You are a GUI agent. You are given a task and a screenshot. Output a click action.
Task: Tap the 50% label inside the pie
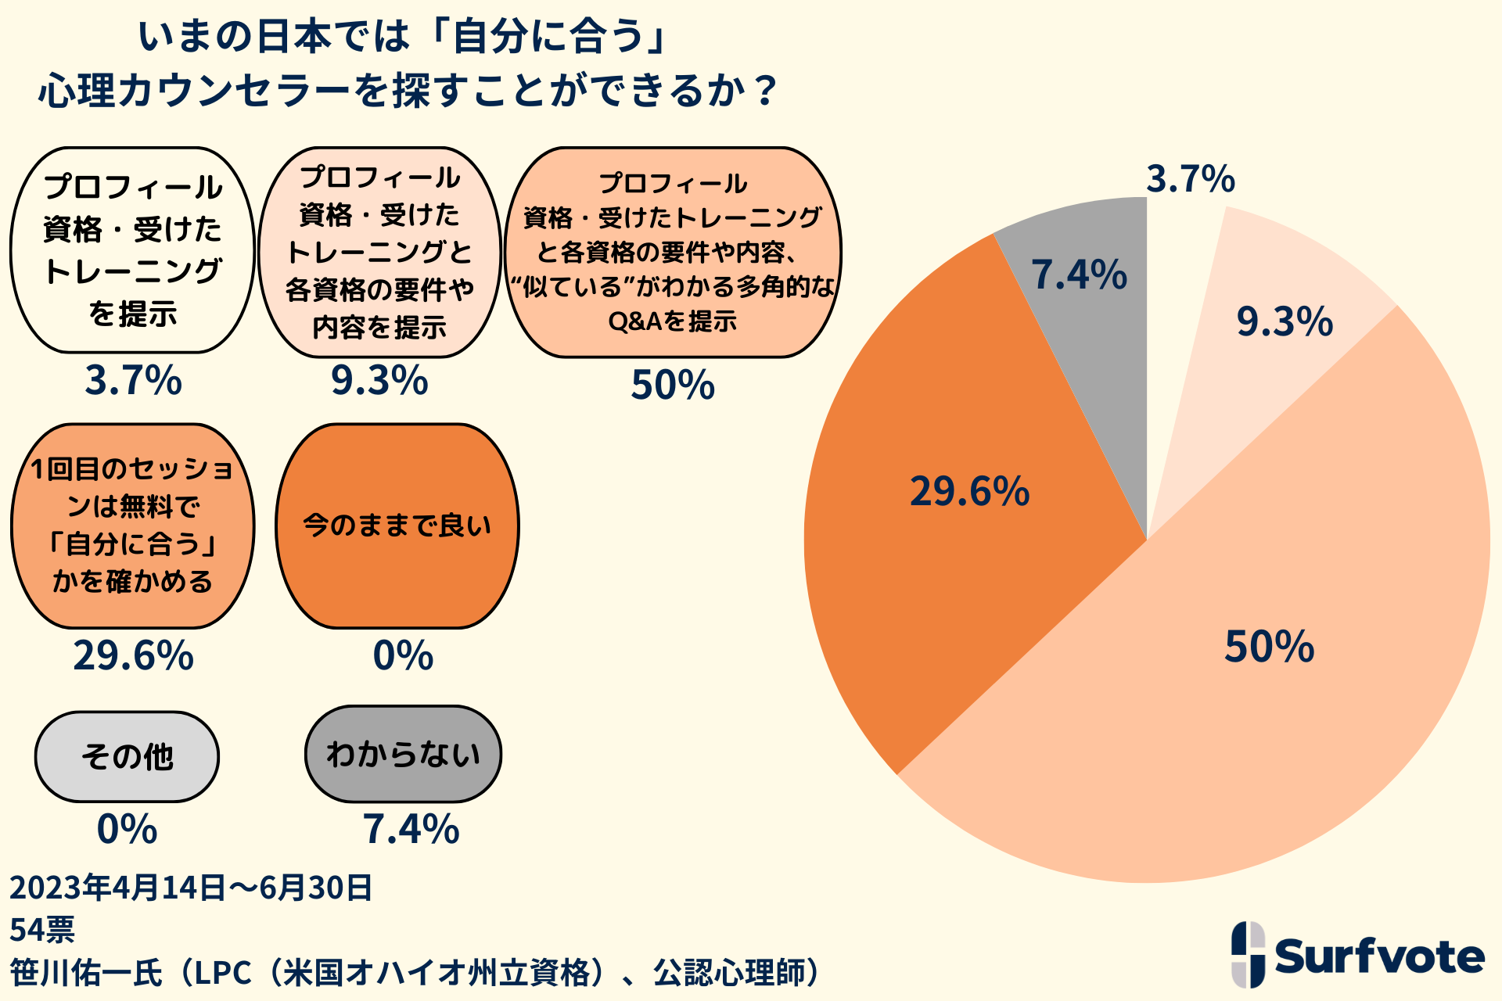[x=1269, y=648]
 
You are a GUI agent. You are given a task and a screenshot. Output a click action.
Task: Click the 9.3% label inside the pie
[x=1285, y=322]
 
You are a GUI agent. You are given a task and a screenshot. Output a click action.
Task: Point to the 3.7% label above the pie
[x=1190, y=179]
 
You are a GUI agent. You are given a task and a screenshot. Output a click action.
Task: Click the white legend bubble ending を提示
[x=133, y=250]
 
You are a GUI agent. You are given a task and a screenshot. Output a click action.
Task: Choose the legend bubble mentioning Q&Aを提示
[x=673, y=252]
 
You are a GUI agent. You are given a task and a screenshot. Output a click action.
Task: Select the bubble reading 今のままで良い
[x=397, y=526]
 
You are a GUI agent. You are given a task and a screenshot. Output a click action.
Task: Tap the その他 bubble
[x=127, y=756]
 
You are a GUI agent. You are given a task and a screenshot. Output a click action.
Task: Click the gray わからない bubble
[x=403, y=755]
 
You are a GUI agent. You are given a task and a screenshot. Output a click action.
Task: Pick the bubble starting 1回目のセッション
[x=133, y=526]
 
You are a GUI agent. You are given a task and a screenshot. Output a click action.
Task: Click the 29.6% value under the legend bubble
[x=133, y=655]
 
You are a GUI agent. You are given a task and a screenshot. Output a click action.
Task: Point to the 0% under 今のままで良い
[x=403, y=655]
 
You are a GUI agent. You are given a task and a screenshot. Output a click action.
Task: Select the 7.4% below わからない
[x=411, y=829]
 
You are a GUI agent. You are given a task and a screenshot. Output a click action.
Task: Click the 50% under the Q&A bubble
[x=673, y=385]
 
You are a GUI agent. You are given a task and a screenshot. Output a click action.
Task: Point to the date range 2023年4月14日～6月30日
[x=191, y=888]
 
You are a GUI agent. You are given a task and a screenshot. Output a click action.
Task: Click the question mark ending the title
[x=765, y=91]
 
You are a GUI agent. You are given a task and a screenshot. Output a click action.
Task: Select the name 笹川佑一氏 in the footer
[x=86, y=973]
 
